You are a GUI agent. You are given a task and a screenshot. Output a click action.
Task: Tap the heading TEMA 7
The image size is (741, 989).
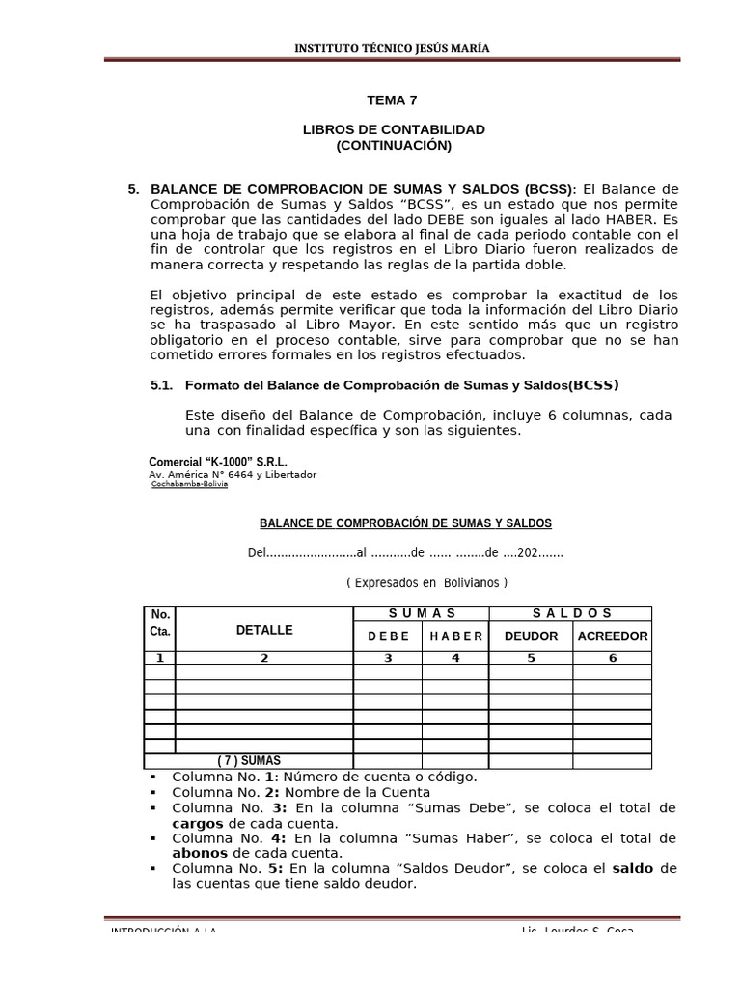click(393, 99)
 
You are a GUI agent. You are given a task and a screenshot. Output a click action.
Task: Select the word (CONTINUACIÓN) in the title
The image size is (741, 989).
click(393, 145)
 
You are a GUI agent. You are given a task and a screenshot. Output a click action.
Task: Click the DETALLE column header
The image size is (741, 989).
click(263, 630)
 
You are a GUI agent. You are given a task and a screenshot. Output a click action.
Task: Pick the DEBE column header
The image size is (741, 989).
click(388, 636)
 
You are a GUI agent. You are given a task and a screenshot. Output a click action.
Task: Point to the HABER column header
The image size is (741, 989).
click(457, 636)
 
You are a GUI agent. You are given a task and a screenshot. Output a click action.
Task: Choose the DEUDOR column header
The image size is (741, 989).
click(531, 636)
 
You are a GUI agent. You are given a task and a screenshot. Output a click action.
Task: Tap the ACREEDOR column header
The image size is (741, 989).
click(612, 636)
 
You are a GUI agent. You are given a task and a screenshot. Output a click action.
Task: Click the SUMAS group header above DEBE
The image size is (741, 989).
click(423, 613)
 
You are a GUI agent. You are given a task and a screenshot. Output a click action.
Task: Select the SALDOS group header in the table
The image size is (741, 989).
click(572, 613)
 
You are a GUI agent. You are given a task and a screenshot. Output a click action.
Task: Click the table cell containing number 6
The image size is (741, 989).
click(612, 658)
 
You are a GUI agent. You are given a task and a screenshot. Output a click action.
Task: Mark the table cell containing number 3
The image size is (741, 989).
click(388, 658)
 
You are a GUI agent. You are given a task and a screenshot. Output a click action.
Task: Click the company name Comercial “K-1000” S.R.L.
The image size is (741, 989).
click(218, 462)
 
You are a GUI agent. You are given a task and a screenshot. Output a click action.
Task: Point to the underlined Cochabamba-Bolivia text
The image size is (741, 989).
click(189, 484)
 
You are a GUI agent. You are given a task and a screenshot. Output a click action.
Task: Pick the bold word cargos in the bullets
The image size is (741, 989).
click(197, 823)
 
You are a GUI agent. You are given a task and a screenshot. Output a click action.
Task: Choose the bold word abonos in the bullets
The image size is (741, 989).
click(200, 853)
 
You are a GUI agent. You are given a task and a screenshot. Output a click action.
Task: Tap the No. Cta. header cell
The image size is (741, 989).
click(160, 622)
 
